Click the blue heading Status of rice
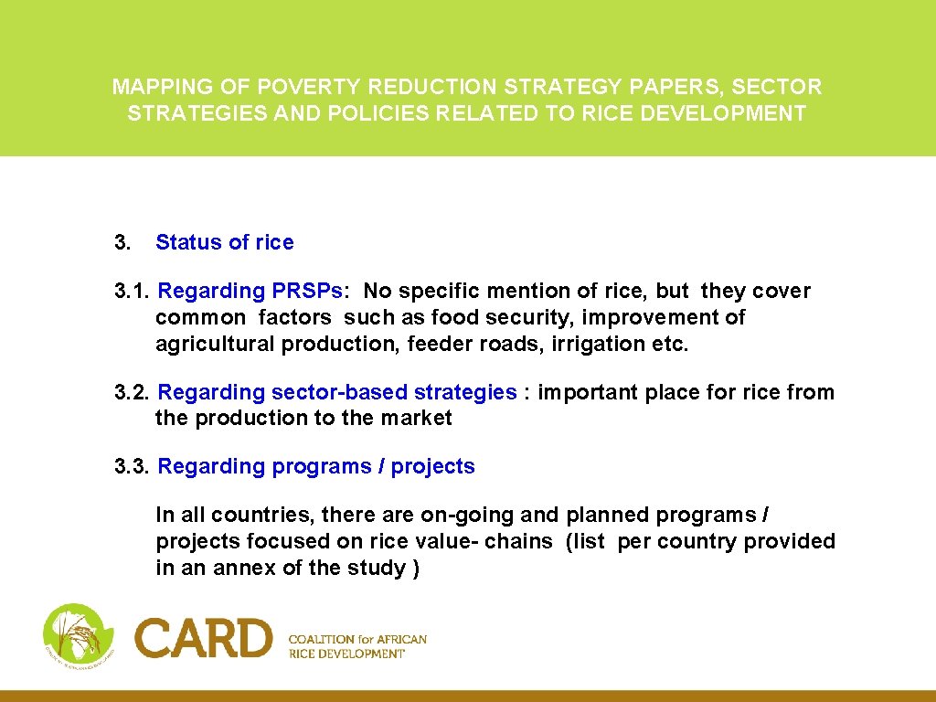[225, 242]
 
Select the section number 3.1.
[133, 292]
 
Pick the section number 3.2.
[133, 393]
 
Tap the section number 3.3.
[133, 467]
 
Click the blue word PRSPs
[309, 292]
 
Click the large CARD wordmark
[204, 638]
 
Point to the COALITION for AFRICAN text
[357, 640]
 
